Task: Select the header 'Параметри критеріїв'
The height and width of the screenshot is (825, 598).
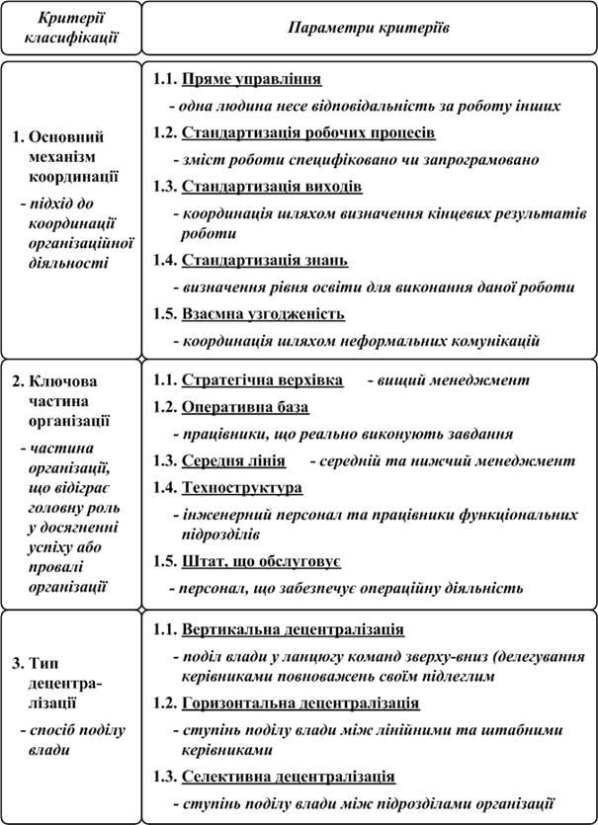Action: pos(368,28)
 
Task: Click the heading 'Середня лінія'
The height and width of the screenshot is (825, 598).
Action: pos(234,460)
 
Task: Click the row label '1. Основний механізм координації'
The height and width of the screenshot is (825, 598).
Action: pos(69,157)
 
